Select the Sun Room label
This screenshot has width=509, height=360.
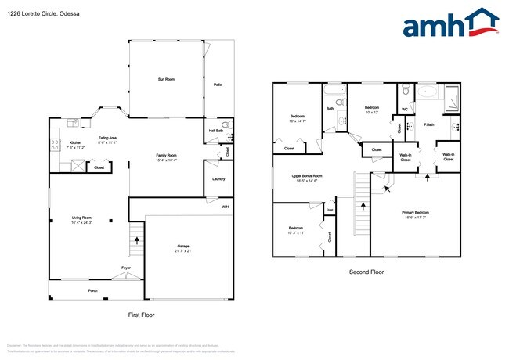click(x=165, y=79)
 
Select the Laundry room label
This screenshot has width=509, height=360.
click(x=218, y=179)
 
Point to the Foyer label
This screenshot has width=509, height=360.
click(x=125, y=268)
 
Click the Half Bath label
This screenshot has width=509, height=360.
click(x=215, y=131)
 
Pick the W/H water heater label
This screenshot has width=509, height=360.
click(x=226, y=207)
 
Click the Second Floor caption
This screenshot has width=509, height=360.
click(x=366, y=272)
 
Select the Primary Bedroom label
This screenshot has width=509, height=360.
click(x=415, y=213)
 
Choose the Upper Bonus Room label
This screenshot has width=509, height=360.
click(x=307, y=176)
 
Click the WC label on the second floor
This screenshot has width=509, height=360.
click(x=404, y=110)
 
